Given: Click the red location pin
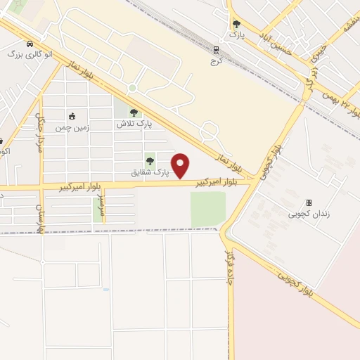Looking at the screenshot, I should tap(181, 165).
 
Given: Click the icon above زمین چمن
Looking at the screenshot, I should tap(72, 116).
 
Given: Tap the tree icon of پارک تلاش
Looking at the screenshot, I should tap(134, 112).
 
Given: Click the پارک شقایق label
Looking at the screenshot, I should tap(151, 172).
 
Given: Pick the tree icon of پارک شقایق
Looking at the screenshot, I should tap(150, 161).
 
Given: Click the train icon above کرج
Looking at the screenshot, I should tap(217, 49).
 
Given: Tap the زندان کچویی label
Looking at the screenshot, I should tap(308, 214).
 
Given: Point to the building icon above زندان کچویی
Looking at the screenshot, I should tap(308, 202).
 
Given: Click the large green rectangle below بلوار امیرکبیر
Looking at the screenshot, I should tap(208, 209).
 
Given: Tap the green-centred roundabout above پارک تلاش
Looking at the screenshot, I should tap(131, 88).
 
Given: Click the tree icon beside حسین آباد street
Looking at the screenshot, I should tap(236, 24).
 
